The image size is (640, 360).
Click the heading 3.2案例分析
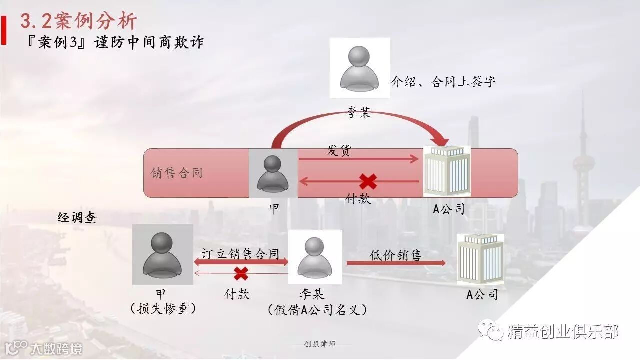tap(78, 21)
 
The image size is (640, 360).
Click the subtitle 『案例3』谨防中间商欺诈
tap(116, 42)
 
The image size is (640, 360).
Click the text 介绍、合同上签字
tap(443, 82)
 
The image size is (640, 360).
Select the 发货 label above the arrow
tap(339, 150)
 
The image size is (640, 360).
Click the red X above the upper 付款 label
tap(368, 181)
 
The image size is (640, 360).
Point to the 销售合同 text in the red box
tap(177, 173)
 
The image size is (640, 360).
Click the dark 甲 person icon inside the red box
tap(273, 173)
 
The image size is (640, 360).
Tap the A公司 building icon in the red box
tap(447, 171)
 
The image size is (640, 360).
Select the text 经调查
tap(77, 218)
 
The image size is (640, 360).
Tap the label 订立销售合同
tap(240, 254)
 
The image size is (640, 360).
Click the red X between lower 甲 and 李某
tap(241, 273)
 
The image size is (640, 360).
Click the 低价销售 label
tap(395, 255)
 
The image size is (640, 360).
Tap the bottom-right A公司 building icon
tap(480, 258)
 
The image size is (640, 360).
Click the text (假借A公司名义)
tap(318, 310)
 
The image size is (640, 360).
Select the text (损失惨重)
tap(163, 309)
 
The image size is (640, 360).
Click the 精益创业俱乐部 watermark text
tap(563, 331)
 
